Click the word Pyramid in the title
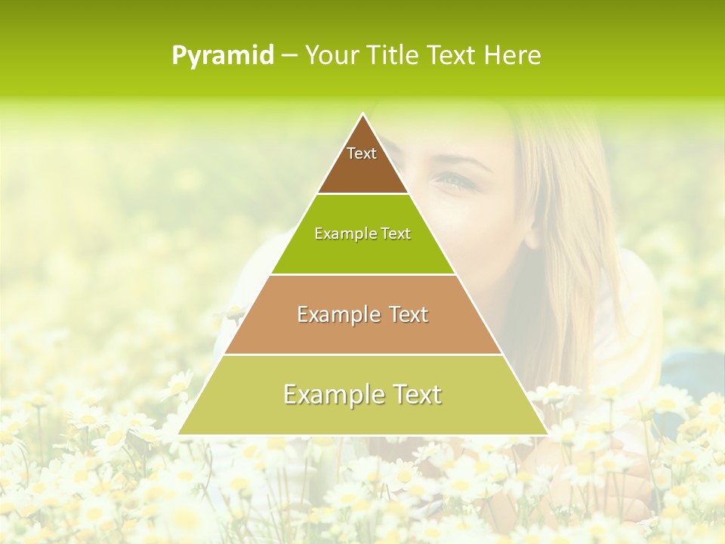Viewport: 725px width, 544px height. coord(223,56)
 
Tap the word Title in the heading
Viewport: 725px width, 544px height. coord(393,55)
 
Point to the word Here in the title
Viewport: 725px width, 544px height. coord(513,55)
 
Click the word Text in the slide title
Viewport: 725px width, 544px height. coord(452,55)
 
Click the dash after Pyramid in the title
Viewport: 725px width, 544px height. coord(288,56)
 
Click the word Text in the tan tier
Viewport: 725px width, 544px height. coord(409,314)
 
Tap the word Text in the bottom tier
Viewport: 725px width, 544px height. coord(415,394)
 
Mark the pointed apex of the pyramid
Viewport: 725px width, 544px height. coord(363,115)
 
